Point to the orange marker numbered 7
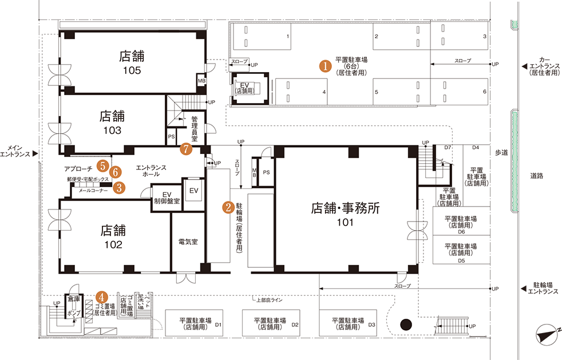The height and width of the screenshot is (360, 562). [185, 149]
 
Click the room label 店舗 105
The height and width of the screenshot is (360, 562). [131, 63]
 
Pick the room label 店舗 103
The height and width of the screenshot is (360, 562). [112, 122]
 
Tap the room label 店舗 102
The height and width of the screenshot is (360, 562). [113, 237]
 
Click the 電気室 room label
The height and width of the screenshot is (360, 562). [188, 242]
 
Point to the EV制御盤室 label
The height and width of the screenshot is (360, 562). [167, 197]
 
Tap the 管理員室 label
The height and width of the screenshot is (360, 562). [195, 129]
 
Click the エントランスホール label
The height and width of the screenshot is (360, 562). [151, 171]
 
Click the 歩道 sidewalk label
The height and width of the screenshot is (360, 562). [501, 153]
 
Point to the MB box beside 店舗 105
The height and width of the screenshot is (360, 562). [201, 81]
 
